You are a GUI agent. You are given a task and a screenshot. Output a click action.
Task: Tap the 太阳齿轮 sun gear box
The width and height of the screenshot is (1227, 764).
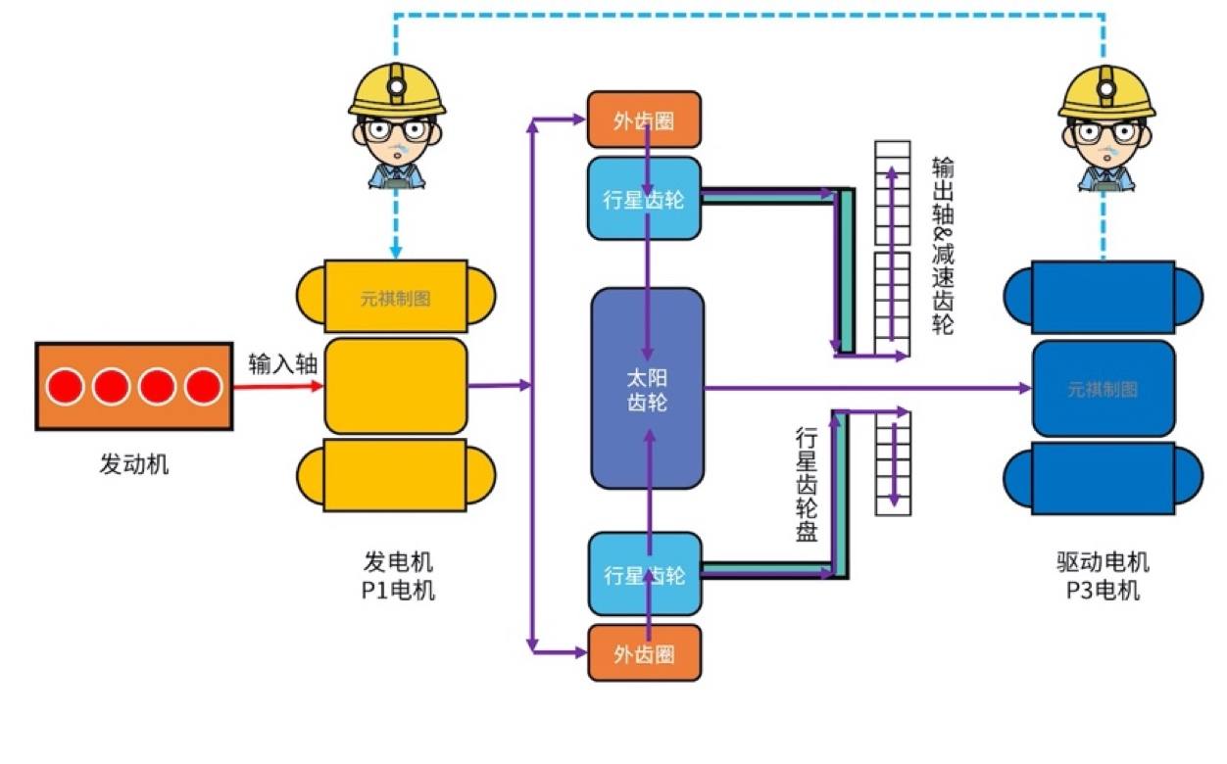click(x=647, y=388)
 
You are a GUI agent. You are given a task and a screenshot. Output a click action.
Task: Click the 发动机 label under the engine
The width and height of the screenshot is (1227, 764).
click(x=134, y=463)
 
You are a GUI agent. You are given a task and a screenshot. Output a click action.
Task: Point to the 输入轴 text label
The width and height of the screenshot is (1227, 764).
click(x=283, y=364)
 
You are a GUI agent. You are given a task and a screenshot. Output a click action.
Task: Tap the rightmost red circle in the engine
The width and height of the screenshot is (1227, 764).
click(x=204, y=387)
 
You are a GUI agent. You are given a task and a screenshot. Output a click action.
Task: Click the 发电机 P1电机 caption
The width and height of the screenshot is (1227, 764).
click(x=397, y=576)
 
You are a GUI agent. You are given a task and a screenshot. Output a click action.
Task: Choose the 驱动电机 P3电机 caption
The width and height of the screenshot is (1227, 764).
click(x=1103, y=576)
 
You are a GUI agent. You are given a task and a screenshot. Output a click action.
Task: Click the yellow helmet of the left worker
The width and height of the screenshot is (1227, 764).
click(x=397, y=90)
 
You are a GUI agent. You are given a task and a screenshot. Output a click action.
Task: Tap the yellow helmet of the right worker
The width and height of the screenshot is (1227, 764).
click(x=1106, y=92)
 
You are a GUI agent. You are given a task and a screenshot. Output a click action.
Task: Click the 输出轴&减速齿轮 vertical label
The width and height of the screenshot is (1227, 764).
click(x=942, y=245)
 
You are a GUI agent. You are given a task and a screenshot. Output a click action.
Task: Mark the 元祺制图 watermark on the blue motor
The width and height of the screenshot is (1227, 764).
click(x=1103, y=389)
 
